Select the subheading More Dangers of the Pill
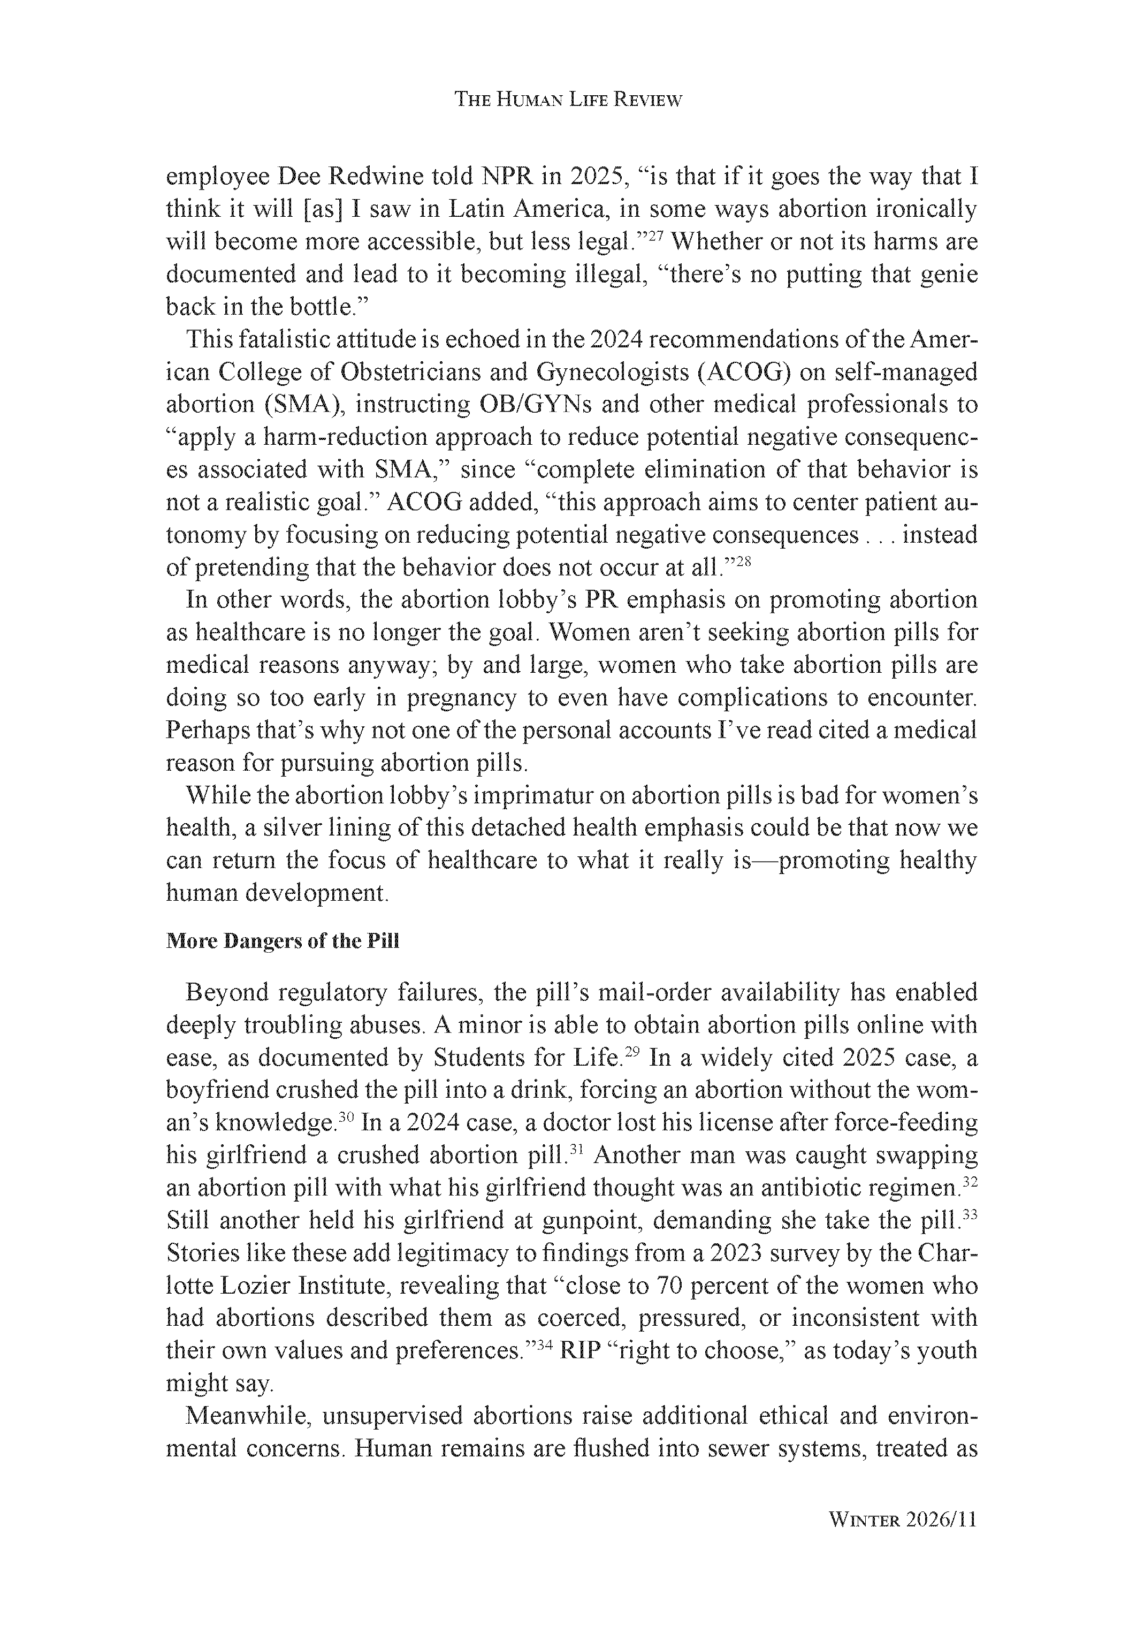click(x=283, y=941)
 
